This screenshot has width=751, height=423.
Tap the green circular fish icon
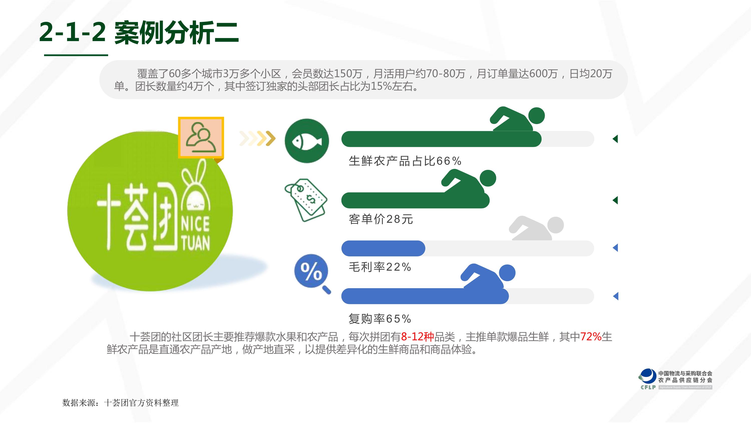click(x=307, y=141)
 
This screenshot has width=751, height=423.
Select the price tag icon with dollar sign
click(x=306, y=200)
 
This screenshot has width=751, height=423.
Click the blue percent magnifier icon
click(x=312, y=274)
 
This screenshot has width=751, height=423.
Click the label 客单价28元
click(x=381, y=219)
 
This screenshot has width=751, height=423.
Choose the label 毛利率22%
click(x=380, y=267)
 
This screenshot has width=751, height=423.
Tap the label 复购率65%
click(x=380, y=319)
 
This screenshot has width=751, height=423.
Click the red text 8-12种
click(x=418, y=337)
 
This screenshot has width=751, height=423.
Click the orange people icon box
click(x=201, y=138)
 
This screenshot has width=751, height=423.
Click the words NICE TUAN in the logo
click(x=195, y=234)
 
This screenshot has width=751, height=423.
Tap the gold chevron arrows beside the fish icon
click(x=257, y=139)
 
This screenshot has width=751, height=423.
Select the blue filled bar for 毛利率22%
click(x=383, y=248)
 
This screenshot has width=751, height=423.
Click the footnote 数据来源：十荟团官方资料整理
click(x=120, y=403)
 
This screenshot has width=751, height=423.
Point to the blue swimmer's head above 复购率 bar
click(x=507, y=273)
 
